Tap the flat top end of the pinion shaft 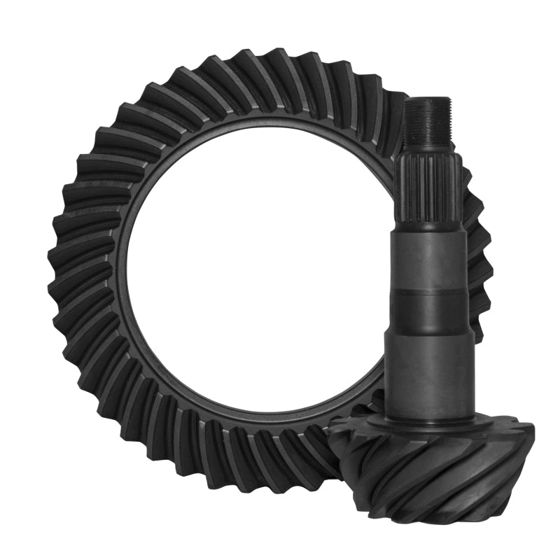(x=428, y=100)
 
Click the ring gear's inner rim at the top (x=259, y=125)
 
